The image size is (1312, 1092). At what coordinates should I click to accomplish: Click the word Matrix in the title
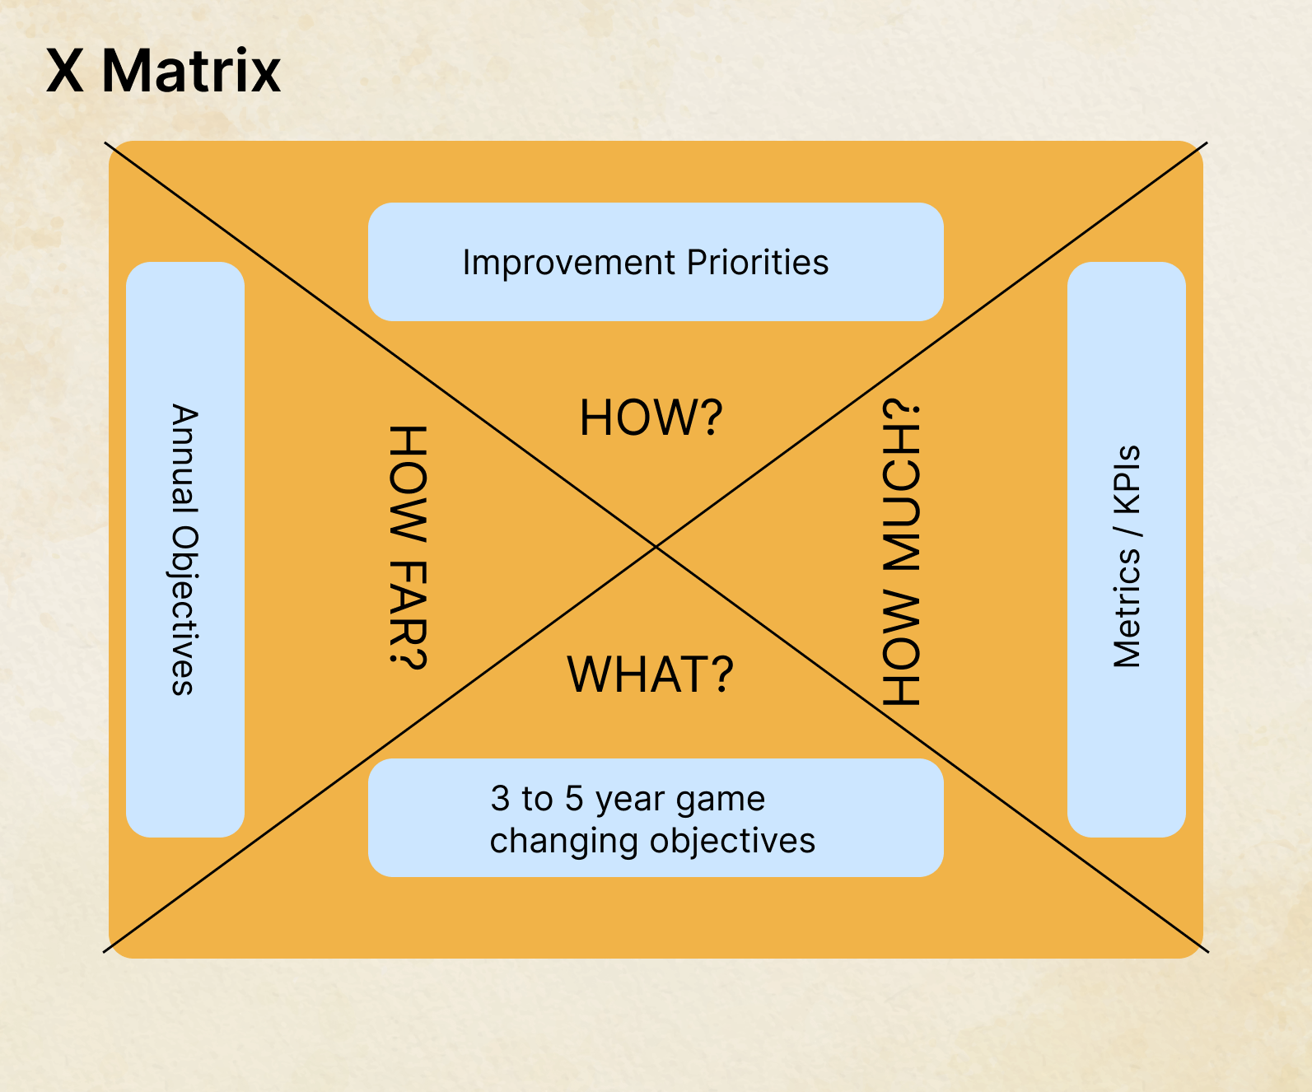(x=191, y=71)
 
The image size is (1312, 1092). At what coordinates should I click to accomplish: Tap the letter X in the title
(x=65, y=71)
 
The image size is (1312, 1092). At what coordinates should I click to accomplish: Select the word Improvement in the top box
(x=569, y=263)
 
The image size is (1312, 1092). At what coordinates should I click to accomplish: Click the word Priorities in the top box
(x=758, y=263)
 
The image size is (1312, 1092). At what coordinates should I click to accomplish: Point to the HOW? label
(x=651, y=418)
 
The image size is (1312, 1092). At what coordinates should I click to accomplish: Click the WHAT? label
(x=650, y=674)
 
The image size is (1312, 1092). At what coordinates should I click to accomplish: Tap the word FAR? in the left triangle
(x=408, y=614)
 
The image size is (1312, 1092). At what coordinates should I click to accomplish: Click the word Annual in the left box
(x=185, y=455)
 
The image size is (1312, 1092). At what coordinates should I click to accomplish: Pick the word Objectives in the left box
(x=185, y=610)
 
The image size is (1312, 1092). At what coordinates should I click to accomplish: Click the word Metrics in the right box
(x=1127, y=608)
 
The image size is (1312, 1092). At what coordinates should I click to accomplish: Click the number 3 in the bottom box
(x=500, y=799)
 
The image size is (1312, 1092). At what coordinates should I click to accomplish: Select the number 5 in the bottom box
(x=573, y=799)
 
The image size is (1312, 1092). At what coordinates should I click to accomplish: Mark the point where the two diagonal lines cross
(x=656, y=546)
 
